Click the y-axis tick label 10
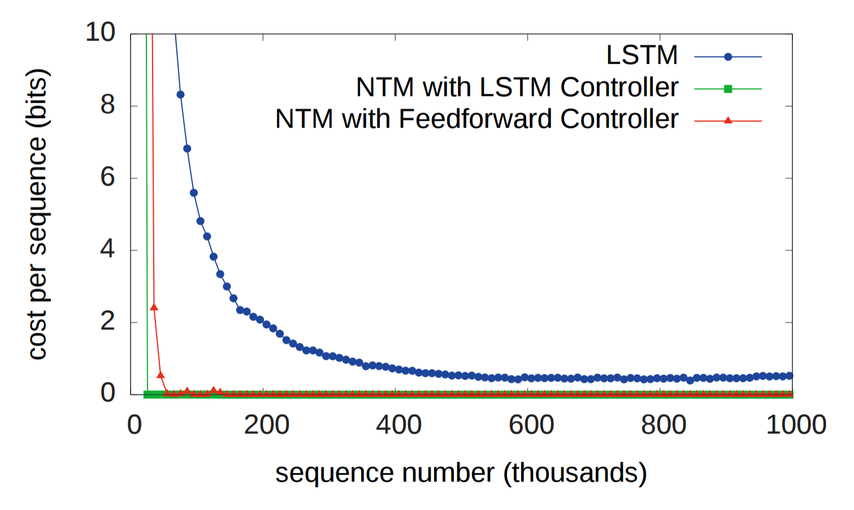[100, 32]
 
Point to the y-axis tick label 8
[107, 105]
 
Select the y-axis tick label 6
[107, 177]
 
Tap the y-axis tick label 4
[107, 249]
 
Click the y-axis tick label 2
[107, 321]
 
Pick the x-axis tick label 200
[266, 425]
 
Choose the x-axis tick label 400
[398, 425]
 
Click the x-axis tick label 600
[531, 425]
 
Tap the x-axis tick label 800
[663, 425]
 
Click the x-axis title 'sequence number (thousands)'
[461, 473]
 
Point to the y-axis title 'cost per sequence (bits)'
[37, 214]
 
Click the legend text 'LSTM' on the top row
[641, 55]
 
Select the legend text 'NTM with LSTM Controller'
[517, 88]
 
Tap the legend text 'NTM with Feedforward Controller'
[476, 119]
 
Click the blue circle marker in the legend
[728, 56]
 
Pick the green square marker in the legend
[728, 89]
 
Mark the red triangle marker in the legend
[728, 120]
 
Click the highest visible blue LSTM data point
[180, 94]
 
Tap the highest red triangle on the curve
[154, 307]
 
